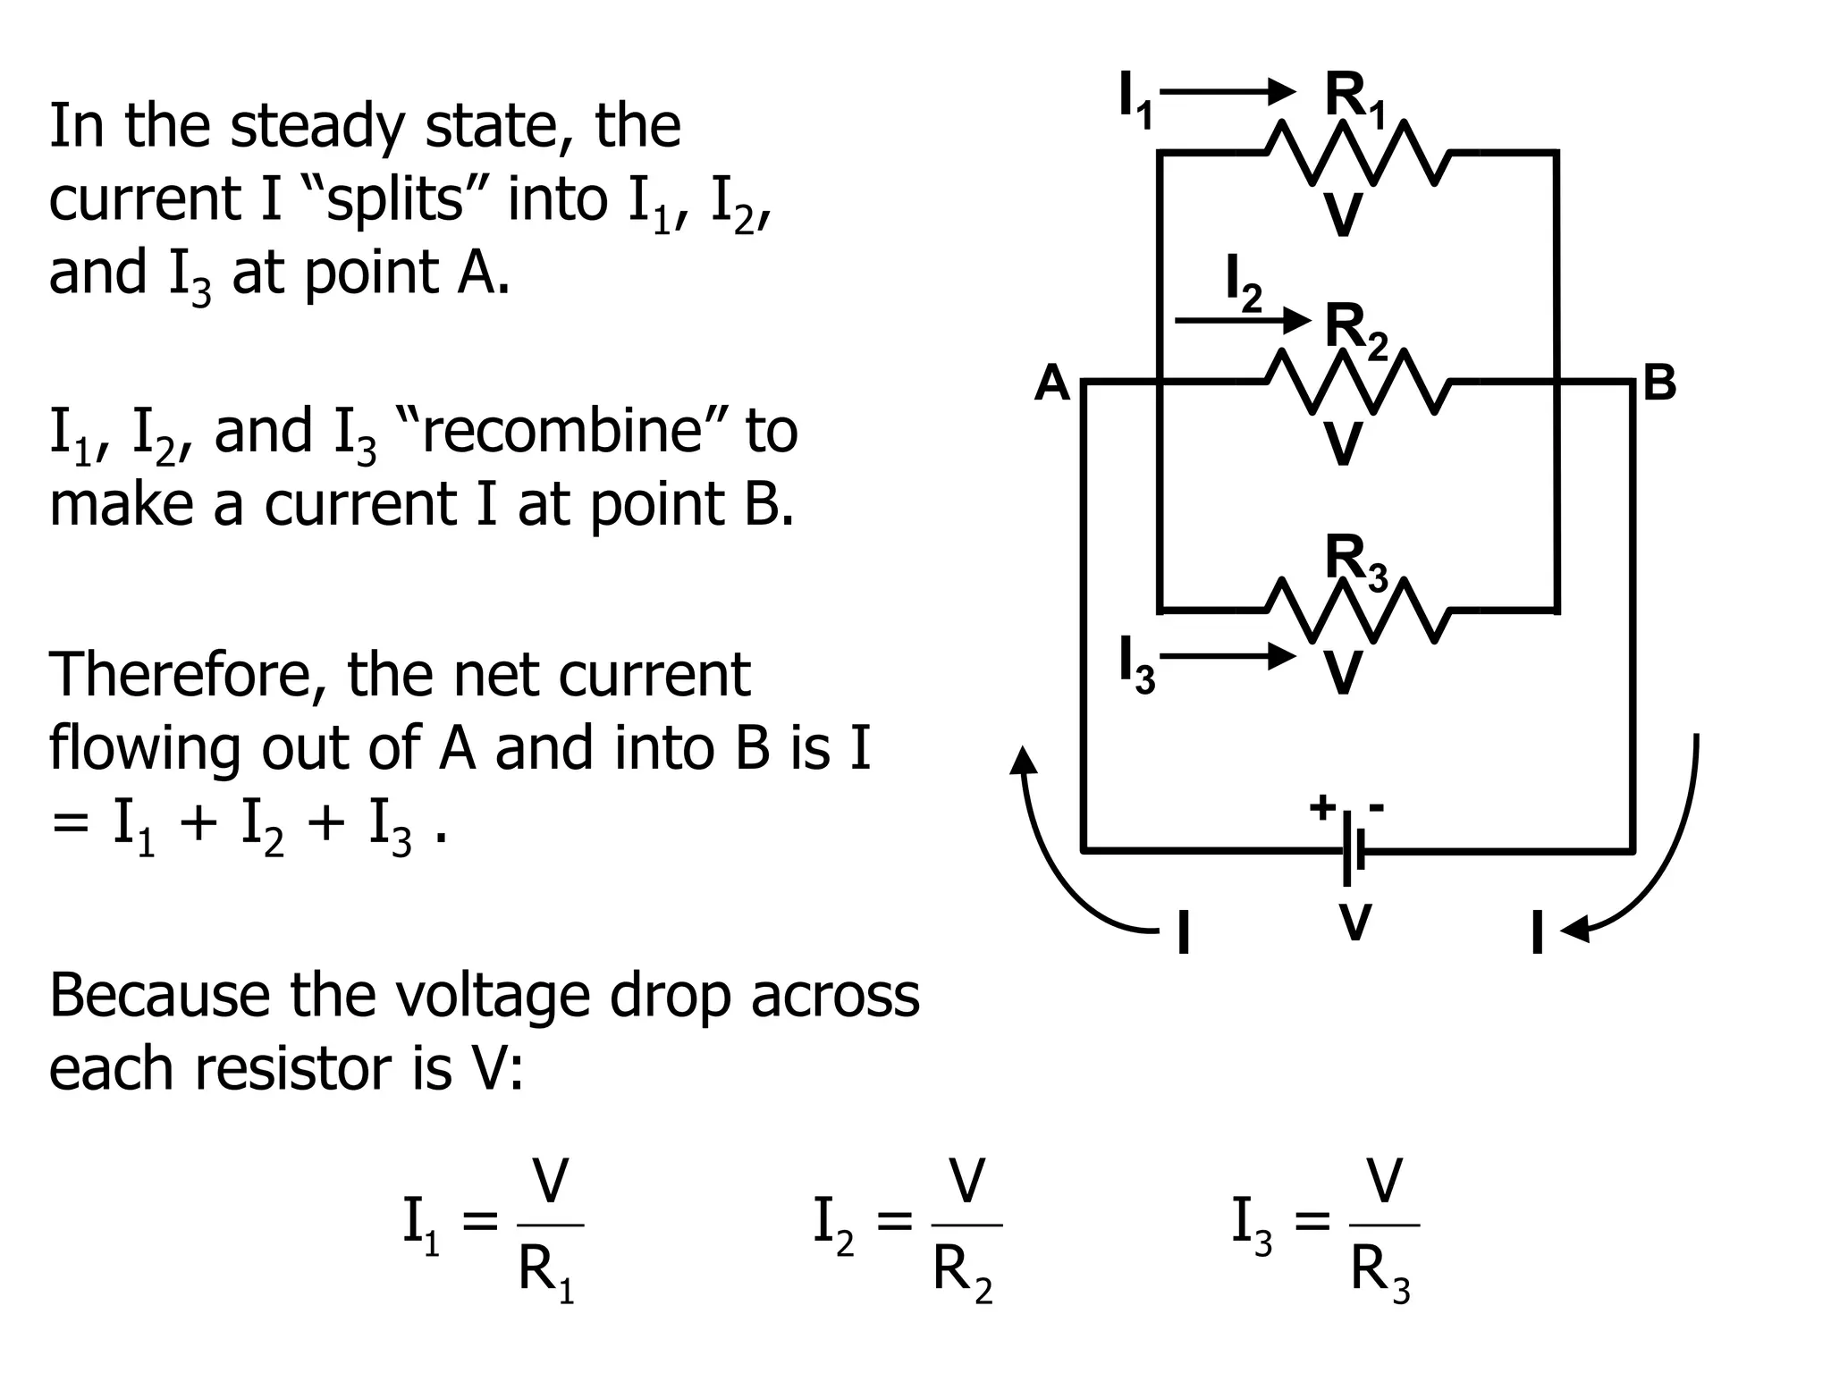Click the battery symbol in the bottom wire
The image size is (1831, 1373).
(x=1353, y=850)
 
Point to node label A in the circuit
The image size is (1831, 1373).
(x=1052, y=383)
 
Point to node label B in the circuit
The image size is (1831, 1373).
(x=1659, y=383)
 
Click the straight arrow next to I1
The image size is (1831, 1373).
(x=1228, y=91)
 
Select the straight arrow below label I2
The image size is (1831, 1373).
(x=1243, y=319)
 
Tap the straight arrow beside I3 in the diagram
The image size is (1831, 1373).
(x=1228, y=657)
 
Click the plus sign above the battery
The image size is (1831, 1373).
(x=1322, y=806)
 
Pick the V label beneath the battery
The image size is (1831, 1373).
(x=1355, y=922)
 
